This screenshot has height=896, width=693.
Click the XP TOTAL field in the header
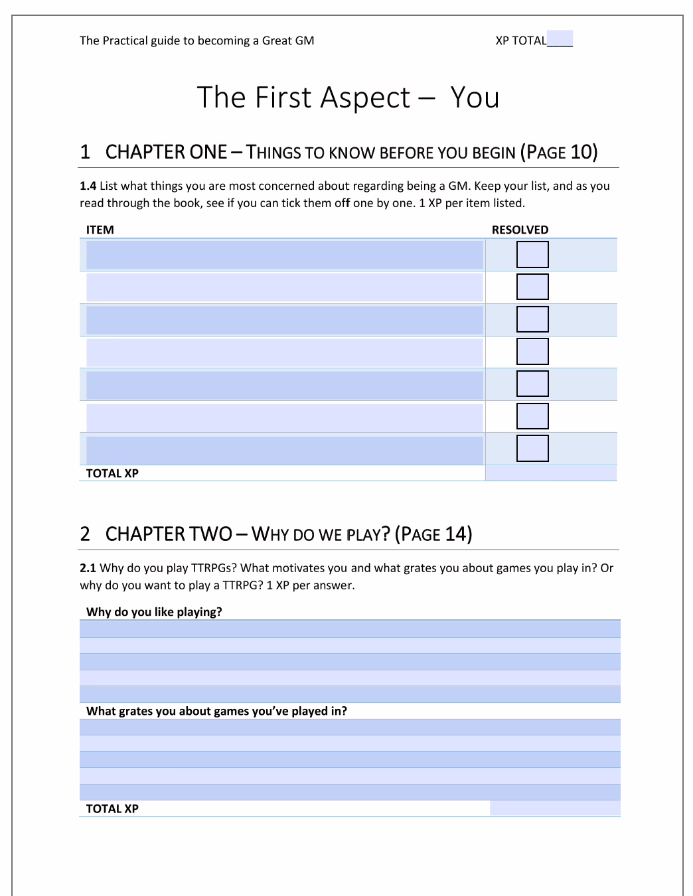[560, 39]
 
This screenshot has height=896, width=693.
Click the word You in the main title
[475, 98]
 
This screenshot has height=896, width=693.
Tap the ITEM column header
[100, 230]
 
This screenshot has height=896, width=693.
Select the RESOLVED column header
[520, 230]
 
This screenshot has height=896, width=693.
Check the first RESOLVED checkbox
[532, 254]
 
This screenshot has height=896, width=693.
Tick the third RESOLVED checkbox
[532, 319]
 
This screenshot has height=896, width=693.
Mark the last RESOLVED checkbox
[532, 448]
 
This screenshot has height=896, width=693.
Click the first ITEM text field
[284, 255]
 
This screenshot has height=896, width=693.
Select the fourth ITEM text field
[284, 352]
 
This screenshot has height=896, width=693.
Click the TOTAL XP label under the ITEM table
[112, 473]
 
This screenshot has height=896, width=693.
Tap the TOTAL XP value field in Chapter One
[551, 473]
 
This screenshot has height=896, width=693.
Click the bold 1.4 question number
[88, 186]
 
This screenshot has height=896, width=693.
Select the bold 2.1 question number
[88, 568]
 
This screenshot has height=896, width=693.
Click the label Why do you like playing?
[154, 612]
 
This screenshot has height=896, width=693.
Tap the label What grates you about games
[216, 711]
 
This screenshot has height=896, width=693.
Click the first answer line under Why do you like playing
[350, 629]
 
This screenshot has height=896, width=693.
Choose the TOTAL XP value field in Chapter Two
[554, 808]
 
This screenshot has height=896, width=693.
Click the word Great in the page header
[277, 40]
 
